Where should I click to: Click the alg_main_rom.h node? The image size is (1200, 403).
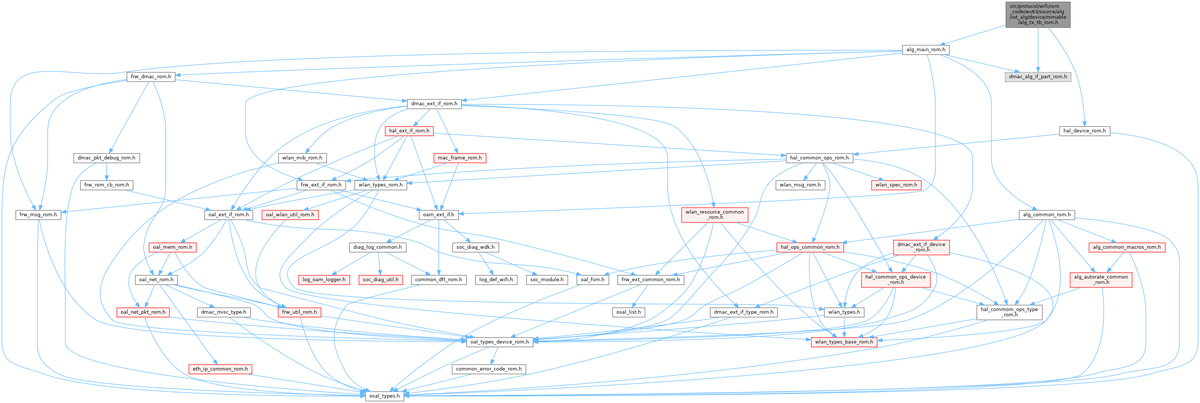[925, 49]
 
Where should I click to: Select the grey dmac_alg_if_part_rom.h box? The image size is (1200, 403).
[1037, 76]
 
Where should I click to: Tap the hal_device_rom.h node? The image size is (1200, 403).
[1084, 131]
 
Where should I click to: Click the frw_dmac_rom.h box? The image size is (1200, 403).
[151, 76]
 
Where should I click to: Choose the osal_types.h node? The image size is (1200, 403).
[384, 396]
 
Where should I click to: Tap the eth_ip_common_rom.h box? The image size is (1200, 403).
[220, 369]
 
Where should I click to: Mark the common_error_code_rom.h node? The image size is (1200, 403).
[489, 369]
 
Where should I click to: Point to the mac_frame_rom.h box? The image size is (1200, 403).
[459, 158]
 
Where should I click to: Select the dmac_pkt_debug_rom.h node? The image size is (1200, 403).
[107, 158]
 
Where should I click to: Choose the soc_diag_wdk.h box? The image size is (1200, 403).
[475, 247]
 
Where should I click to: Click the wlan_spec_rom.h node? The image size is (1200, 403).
[896, 185]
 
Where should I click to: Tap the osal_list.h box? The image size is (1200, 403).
[628, 312]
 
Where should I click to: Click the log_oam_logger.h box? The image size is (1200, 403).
[324, 279]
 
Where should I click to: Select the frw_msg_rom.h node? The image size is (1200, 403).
[38, 215]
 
